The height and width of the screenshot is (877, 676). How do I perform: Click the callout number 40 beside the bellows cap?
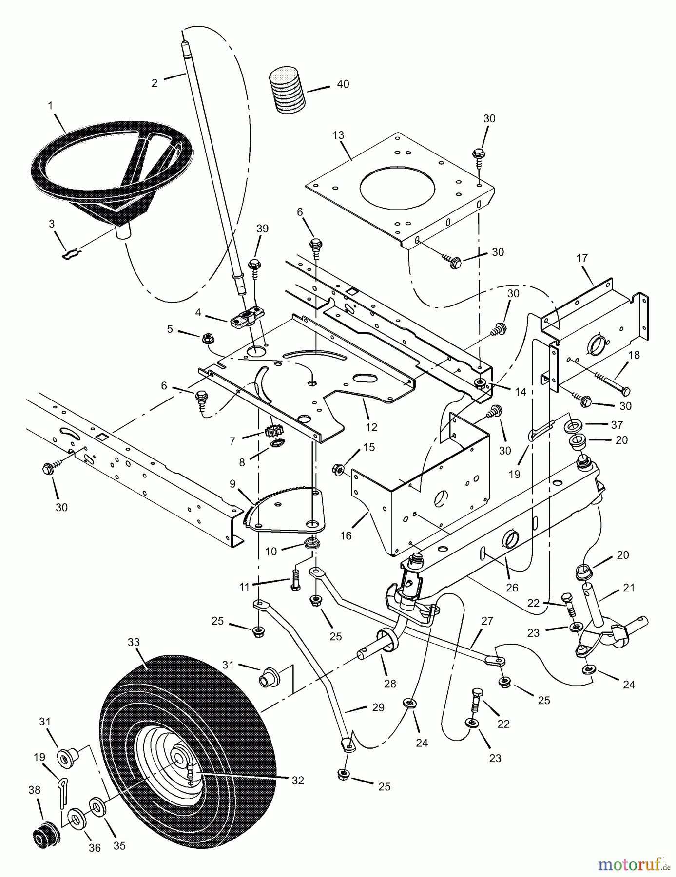[343, 84]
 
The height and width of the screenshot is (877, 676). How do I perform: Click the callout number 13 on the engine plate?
[338, 136]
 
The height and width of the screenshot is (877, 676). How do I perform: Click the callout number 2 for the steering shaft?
[155, 83]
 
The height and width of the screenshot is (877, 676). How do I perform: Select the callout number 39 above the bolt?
[263, 229]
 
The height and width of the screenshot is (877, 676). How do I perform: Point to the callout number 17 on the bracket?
[582, 258]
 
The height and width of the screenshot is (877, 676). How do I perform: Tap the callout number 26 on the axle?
[512, 589]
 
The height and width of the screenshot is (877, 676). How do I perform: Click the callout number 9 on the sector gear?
[232, 484]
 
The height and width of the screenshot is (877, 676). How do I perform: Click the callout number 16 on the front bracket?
[346, 536]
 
